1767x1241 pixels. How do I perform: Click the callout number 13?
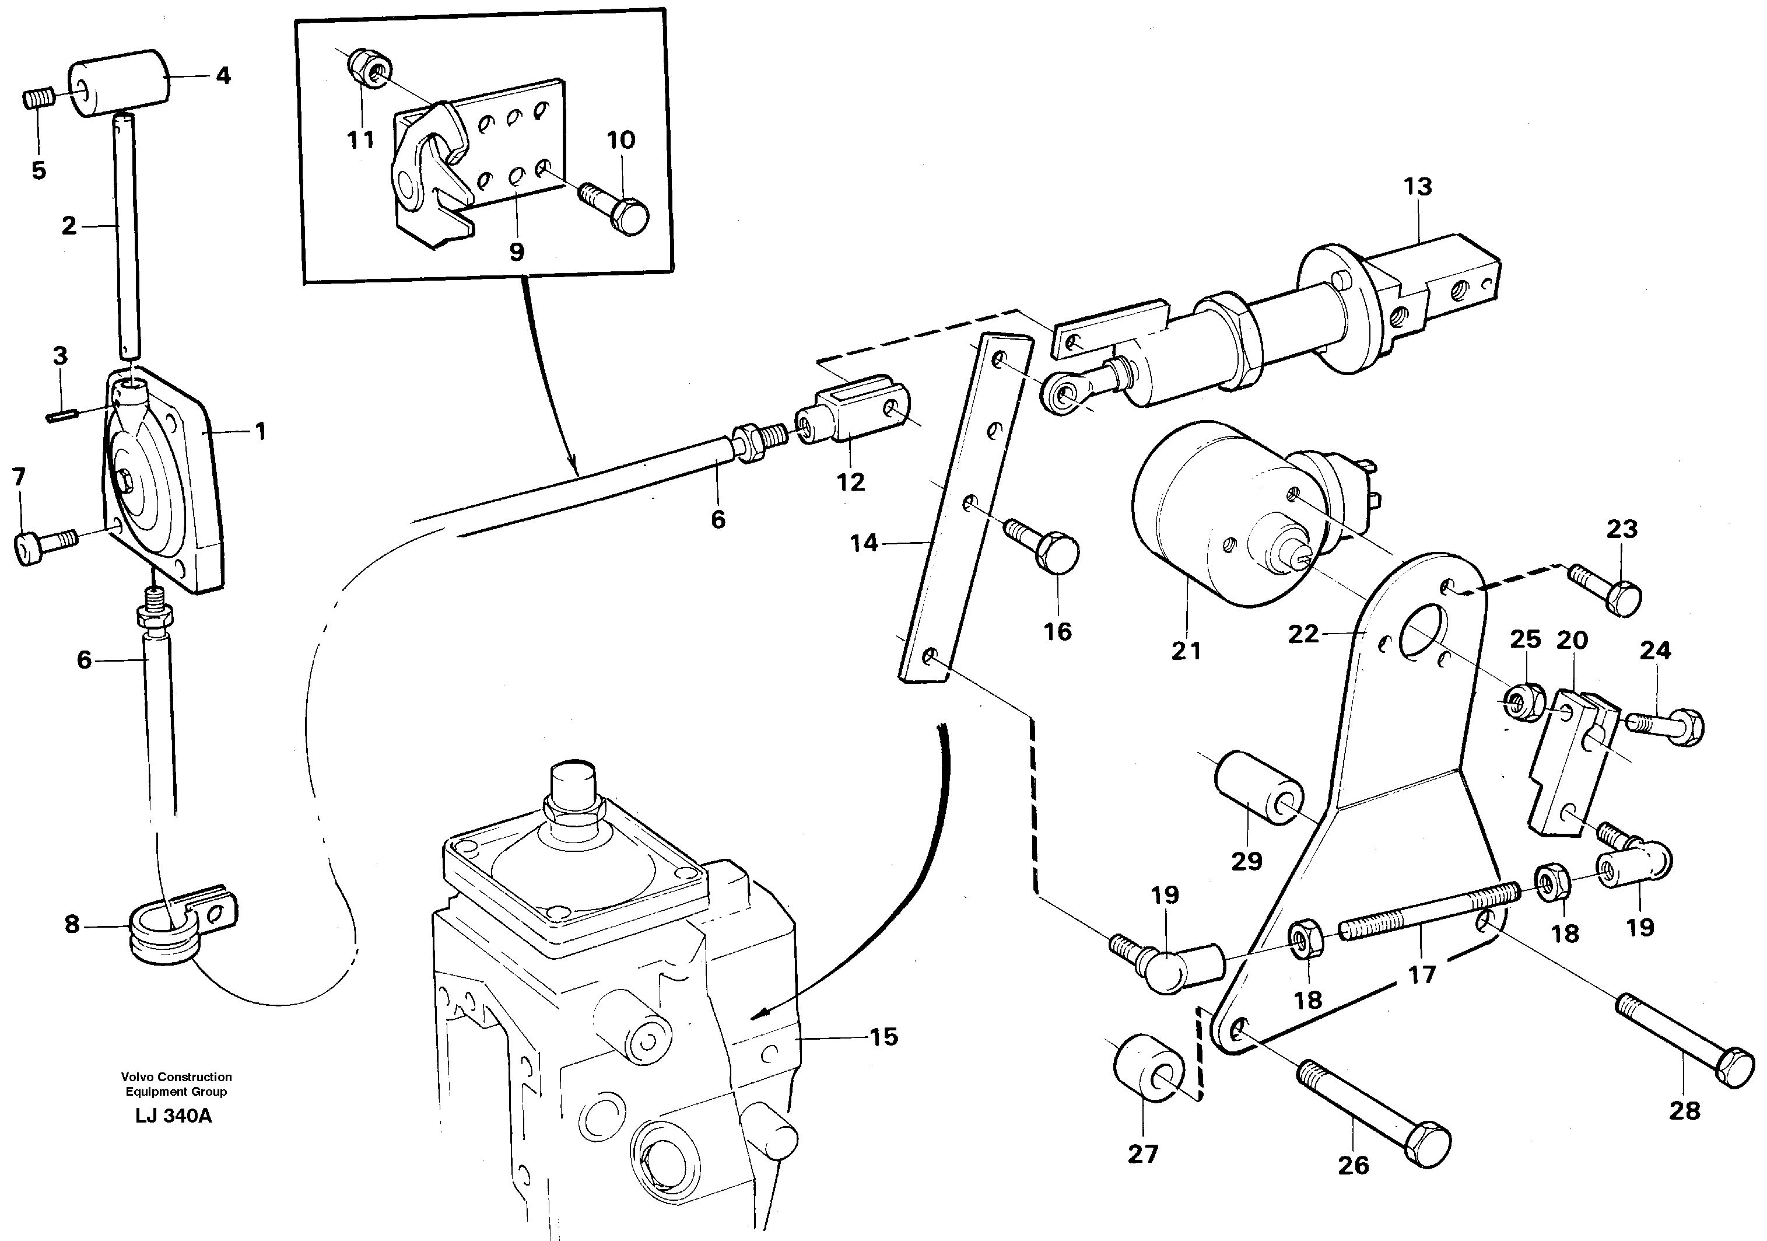click(1418, 186)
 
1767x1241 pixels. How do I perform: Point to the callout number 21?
click(1186, 651)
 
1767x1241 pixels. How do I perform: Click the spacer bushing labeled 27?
click(1149, 1071)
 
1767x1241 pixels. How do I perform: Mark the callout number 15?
click(883, 1037)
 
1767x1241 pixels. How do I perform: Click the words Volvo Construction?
click(176, 1077)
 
